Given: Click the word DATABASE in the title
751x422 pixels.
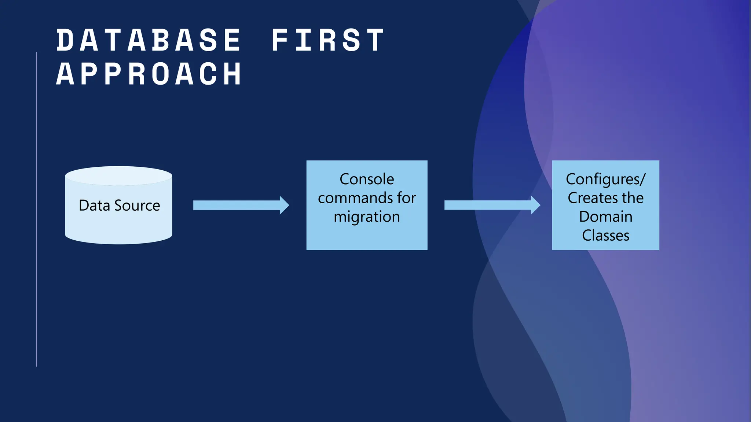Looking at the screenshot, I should pyautogui.click(x=149, y=40).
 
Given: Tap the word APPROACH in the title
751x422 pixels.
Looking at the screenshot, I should pyautogui.click(x=149, y=74).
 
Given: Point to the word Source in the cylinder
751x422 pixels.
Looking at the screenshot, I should pyautogui.click(x=137, y=206).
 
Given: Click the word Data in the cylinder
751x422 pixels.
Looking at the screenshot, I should pyautogui.click(x=94, y=206).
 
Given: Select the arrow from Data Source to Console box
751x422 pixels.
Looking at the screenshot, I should pyautogui.click(x=237, y=205).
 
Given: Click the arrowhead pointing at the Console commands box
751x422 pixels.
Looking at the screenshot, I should pyautogui.click(x=284, y=205).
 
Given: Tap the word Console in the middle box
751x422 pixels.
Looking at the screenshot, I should pyautogui.click(x=367, y=179).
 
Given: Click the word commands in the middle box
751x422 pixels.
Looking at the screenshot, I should pyautogui.click(x=355, y=198).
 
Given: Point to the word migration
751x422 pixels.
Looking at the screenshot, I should pyautogui.click(x=367, y=217).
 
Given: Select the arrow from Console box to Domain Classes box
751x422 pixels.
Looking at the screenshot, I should pyautogui.click(x=488, y=205).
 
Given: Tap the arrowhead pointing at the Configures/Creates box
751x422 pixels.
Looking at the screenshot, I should pyautogui.click(x=535, y=205).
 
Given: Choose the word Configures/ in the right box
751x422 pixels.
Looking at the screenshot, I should pyautogui.click(x=605, y=179).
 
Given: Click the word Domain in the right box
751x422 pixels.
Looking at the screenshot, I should pyautogui.click(x=605, y=217).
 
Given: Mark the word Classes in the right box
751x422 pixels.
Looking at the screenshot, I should pyautogui.click(x=605, y=236).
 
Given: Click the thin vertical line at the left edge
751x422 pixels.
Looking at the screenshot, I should pyautogui.click(x=37, y=209).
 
